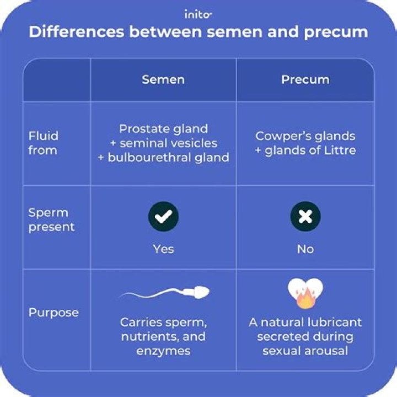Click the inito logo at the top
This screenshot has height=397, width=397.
[x=198, y=14]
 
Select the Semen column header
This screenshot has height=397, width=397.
[x=163, y=79]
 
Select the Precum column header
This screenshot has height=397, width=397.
[x=305, y=79]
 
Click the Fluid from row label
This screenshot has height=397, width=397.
[x=43, y=143]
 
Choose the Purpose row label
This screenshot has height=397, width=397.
[x=53, y=313]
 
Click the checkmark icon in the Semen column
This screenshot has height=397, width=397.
[x=163, y=217]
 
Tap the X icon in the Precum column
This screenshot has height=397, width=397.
[x=305, y=217]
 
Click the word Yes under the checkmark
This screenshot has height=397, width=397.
[x=163, y=249]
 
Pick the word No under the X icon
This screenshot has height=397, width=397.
[x=305, y=249]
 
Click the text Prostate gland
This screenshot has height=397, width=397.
[x=163, y=129]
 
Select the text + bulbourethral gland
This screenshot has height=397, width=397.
[x=163, y=157]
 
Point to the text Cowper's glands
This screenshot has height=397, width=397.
[x=305, y=136]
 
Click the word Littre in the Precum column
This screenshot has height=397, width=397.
[x=339, y=151]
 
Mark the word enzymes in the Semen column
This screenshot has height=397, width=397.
[x=163, y=351]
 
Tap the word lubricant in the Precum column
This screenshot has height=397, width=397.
[x=332, y=322]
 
